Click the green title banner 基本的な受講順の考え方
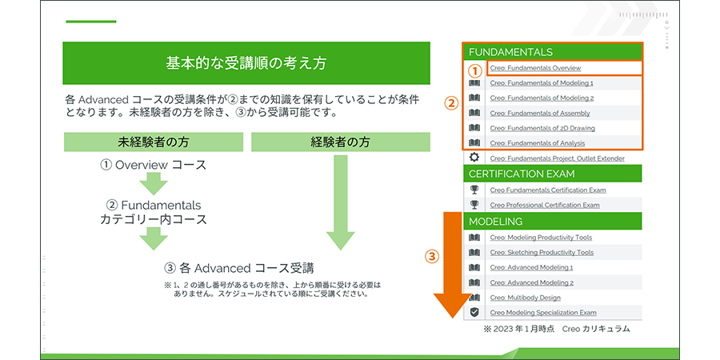246,63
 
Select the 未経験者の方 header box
154,142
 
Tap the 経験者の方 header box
340,142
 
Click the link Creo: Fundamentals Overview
535,69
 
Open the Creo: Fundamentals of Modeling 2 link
542,98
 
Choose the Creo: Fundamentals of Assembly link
540,114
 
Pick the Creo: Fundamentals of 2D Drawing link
542,128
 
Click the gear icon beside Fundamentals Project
474,158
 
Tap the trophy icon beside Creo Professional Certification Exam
474,204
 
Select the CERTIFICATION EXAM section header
552,174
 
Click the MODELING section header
552,222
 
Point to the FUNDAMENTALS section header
552,52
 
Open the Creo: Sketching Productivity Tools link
542,253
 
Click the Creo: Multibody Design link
526,298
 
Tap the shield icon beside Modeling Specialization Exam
474,312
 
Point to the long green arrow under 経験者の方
340,202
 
